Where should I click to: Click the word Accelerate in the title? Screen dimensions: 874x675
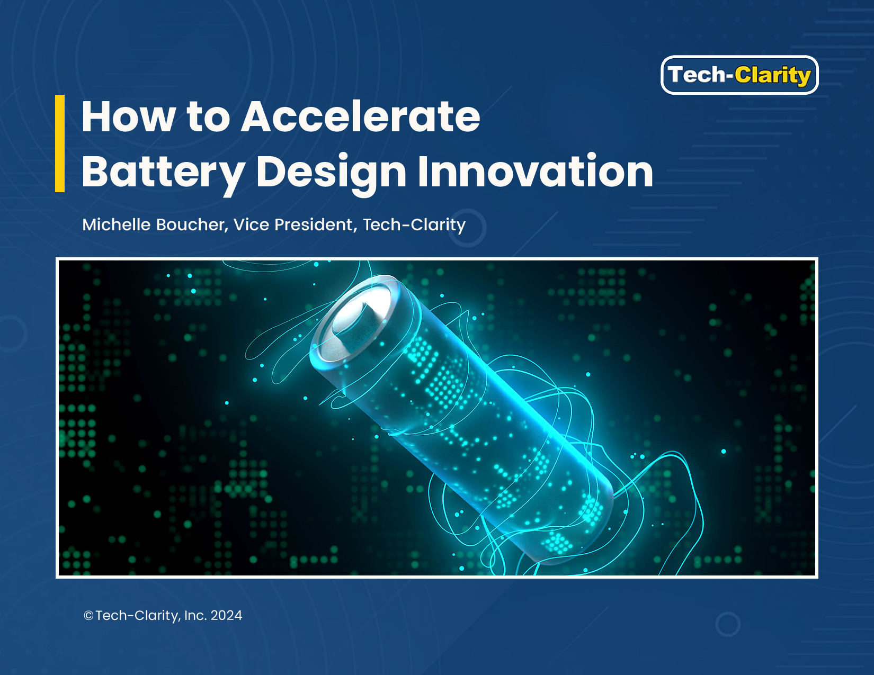pyautogui.click(x=360, y=116)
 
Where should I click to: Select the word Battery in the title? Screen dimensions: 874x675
pyautogui.click(x=163, y=174)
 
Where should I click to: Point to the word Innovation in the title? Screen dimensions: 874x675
pyautogui.click(x=536, y=171)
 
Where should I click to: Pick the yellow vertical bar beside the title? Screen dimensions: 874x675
pyautogui.click(x=59, y=143)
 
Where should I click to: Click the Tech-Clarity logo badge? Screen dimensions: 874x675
pyautogui.click(x=739, y=75)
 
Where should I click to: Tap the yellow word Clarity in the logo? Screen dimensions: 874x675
pyautogui.click(x=773, y=76)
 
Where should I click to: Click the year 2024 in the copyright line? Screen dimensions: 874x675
pyautogui.click(x=226, y=616)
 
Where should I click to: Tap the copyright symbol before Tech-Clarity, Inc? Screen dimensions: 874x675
pyautogui.click(x=88, y=616)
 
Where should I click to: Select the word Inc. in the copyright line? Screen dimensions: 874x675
pyautogui.click(x=195, y=616)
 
